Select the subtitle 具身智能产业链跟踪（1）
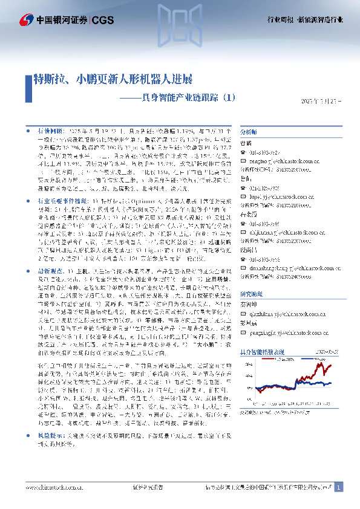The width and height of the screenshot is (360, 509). click(176, 97)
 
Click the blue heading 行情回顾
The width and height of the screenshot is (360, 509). click(49, 130)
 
